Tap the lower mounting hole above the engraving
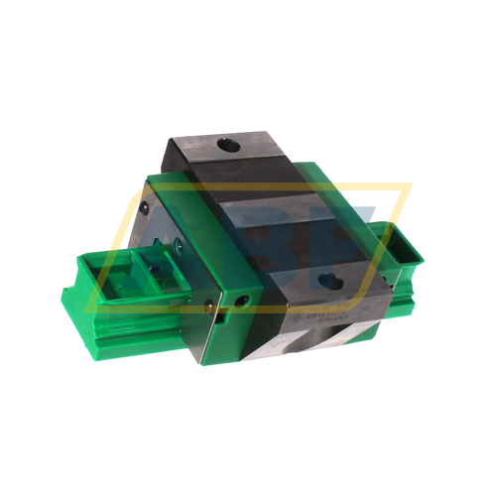(x=330, y=282)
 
